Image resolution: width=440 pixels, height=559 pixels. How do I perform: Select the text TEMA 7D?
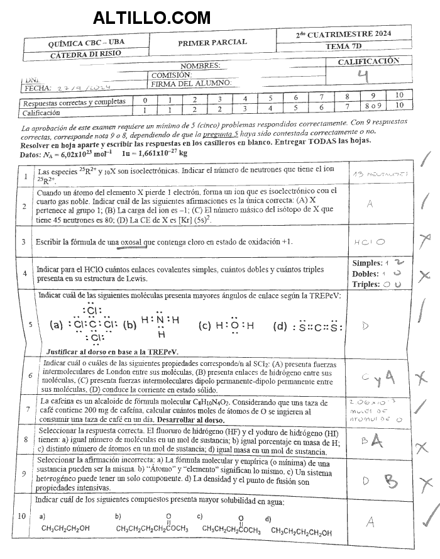pyautogui.click(x=352, y=47)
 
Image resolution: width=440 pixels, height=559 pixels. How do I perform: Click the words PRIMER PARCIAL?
pyautogui.click(x=212, y=43)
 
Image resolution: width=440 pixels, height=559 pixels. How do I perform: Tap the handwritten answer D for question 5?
pyautogui.click(x=366, y=325)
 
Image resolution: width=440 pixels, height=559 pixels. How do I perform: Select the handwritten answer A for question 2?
pyautogui.click(x=370, y=203)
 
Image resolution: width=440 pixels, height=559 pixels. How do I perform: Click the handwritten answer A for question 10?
pyautogui.click(x=370, y=521)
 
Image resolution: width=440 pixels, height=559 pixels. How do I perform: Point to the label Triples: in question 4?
pyautogui.click(x=366, y=284)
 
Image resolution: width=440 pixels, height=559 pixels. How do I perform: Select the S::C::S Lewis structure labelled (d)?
pyautogui.click(x=311, y=326)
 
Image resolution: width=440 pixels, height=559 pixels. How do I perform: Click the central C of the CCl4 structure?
pyautogui.click(x=92, y=325)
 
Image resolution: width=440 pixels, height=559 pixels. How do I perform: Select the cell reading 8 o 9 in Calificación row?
pyautogui.click(x=373, y=105)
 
